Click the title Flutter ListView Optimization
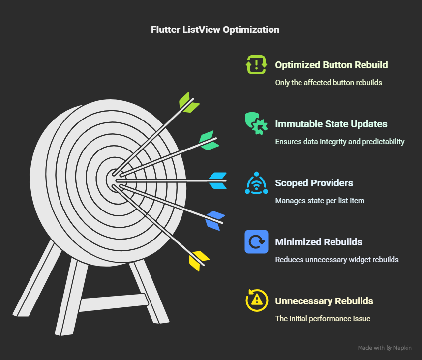coord(215,30)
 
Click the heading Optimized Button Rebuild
coord(331,65)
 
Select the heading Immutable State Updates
coord(331,124)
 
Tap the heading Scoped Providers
coord(314,183)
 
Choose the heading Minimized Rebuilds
coord(318,242)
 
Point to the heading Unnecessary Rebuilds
coord(324,301)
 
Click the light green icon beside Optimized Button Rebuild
coord(256,64)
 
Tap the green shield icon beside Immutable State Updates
coord(256,123)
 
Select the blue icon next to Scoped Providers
coord(256,183)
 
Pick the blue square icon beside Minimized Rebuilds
coord(256,241)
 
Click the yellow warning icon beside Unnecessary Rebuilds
coord(256,300)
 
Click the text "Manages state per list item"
coord(320,201)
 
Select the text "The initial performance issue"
coord(323,319)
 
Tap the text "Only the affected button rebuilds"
coord(328,83)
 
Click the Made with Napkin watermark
coord(384,348)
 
